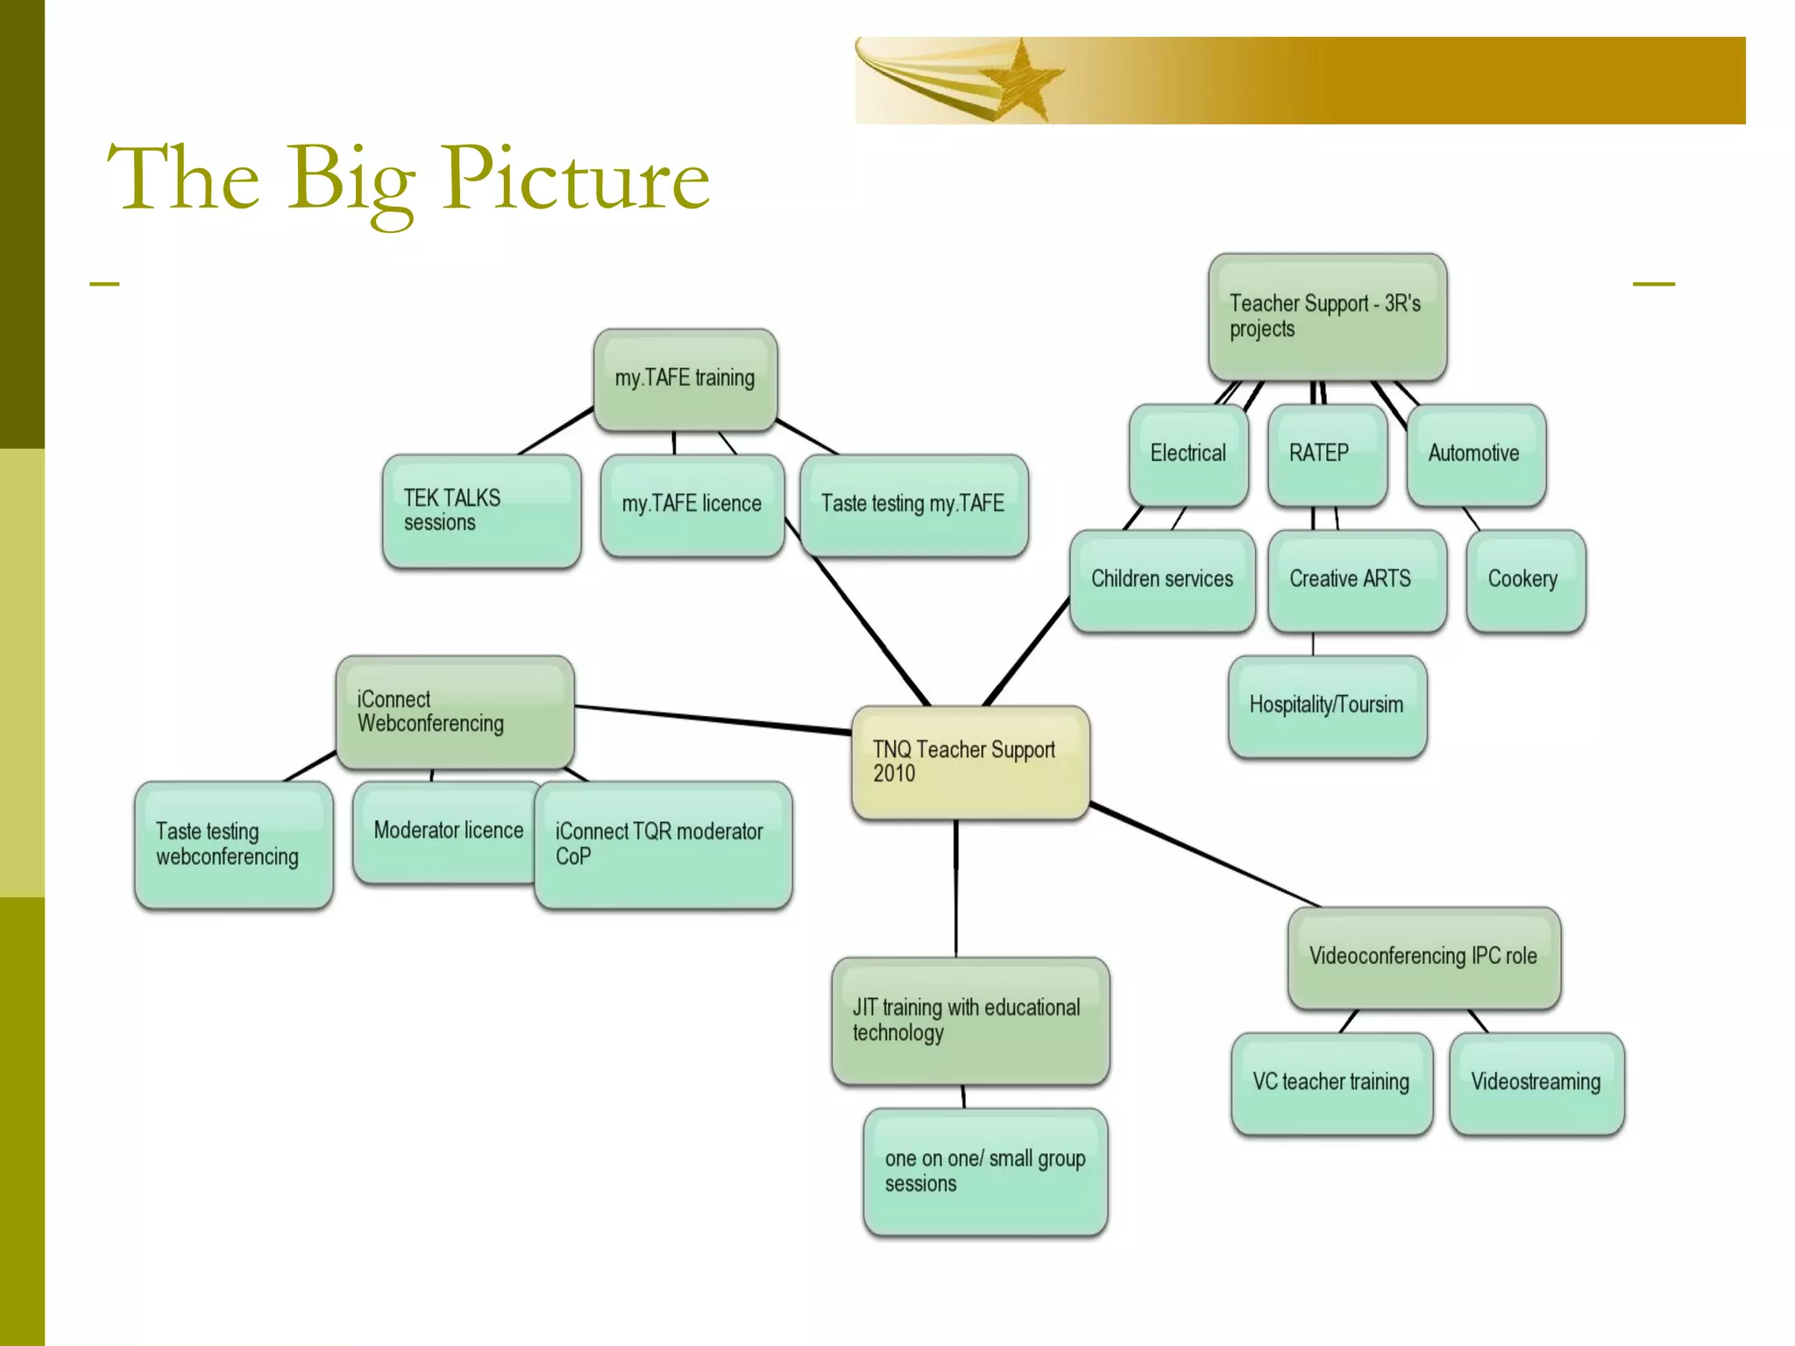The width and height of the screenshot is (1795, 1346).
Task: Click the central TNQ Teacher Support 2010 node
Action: (970, 762)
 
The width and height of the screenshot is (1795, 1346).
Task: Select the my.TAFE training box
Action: (685, 379)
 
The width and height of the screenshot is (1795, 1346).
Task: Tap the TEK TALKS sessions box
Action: (481, 510)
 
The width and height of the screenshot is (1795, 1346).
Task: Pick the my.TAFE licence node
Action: (692, 505)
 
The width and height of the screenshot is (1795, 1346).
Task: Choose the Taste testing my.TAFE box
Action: (913, 505)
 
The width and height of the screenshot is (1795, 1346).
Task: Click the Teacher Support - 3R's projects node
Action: (1327, 317)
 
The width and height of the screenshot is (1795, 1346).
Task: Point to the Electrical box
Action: (1188, 454)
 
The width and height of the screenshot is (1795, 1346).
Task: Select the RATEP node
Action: (1327, 454)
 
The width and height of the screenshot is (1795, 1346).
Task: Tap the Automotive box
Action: (1475, 454)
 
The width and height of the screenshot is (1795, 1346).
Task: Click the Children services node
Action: (1162, 579)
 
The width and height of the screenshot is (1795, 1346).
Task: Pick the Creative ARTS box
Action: (1356, 579)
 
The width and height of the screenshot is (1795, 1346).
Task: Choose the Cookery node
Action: (1525, 579)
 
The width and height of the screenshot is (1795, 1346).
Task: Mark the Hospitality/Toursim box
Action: (1327, 705)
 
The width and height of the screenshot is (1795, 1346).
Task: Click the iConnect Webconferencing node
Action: (455, 712)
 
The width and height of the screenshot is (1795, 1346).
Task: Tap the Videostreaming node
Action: (1536, 1083)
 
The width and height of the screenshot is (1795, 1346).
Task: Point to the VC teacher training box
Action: (1331, 1083)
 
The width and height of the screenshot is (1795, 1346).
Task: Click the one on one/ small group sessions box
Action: (985, 1172)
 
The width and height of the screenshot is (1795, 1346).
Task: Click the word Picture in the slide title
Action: (576, 180)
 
